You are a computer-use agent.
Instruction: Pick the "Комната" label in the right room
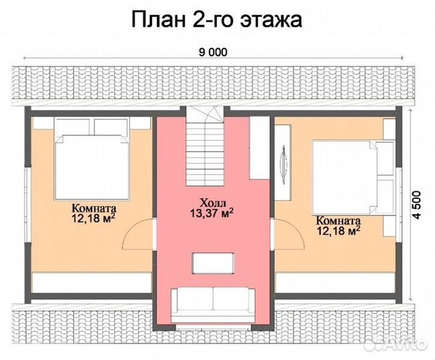[338, 221]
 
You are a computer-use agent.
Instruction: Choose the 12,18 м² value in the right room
[338, 231]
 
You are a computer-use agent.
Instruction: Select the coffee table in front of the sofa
[212, 263]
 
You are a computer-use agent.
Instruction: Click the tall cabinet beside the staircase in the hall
[259, 147]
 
